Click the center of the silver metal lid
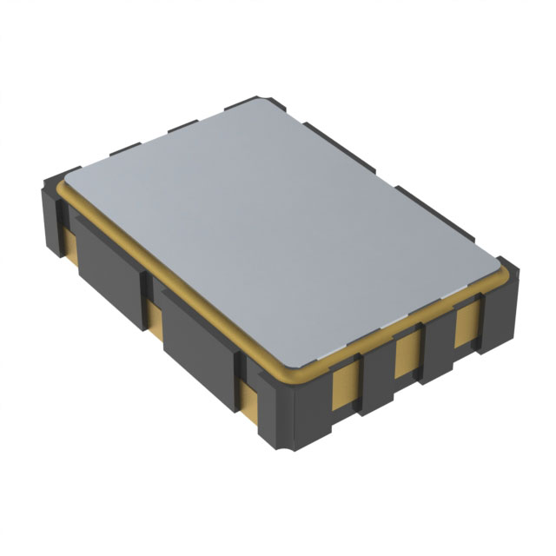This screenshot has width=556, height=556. click(282, 230)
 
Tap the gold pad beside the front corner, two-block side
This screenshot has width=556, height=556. click(250, 401)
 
